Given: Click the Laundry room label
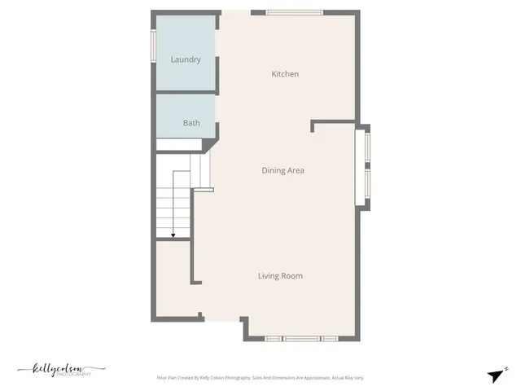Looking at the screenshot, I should tap(186, 59).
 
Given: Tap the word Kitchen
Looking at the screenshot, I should tap(285, 74).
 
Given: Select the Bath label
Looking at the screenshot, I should tap(191, 123).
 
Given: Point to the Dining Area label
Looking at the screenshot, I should tap(282, 170).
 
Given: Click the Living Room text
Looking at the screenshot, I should tap(280, 276).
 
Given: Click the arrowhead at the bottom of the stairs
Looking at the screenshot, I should tap(173, 235).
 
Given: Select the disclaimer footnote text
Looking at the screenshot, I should tap(260, 378).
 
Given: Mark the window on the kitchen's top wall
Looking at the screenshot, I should tap(294, 12).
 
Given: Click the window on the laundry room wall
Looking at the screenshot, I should tap(153, 46).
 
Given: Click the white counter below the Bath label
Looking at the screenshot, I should tap(179, 145).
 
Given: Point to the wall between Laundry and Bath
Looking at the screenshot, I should tap(186, 93).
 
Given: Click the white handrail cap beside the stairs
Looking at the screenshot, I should tap(203, 190).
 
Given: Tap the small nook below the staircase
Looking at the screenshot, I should tap(172, 277).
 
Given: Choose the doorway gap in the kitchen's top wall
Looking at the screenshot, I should tap(235, 12).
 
